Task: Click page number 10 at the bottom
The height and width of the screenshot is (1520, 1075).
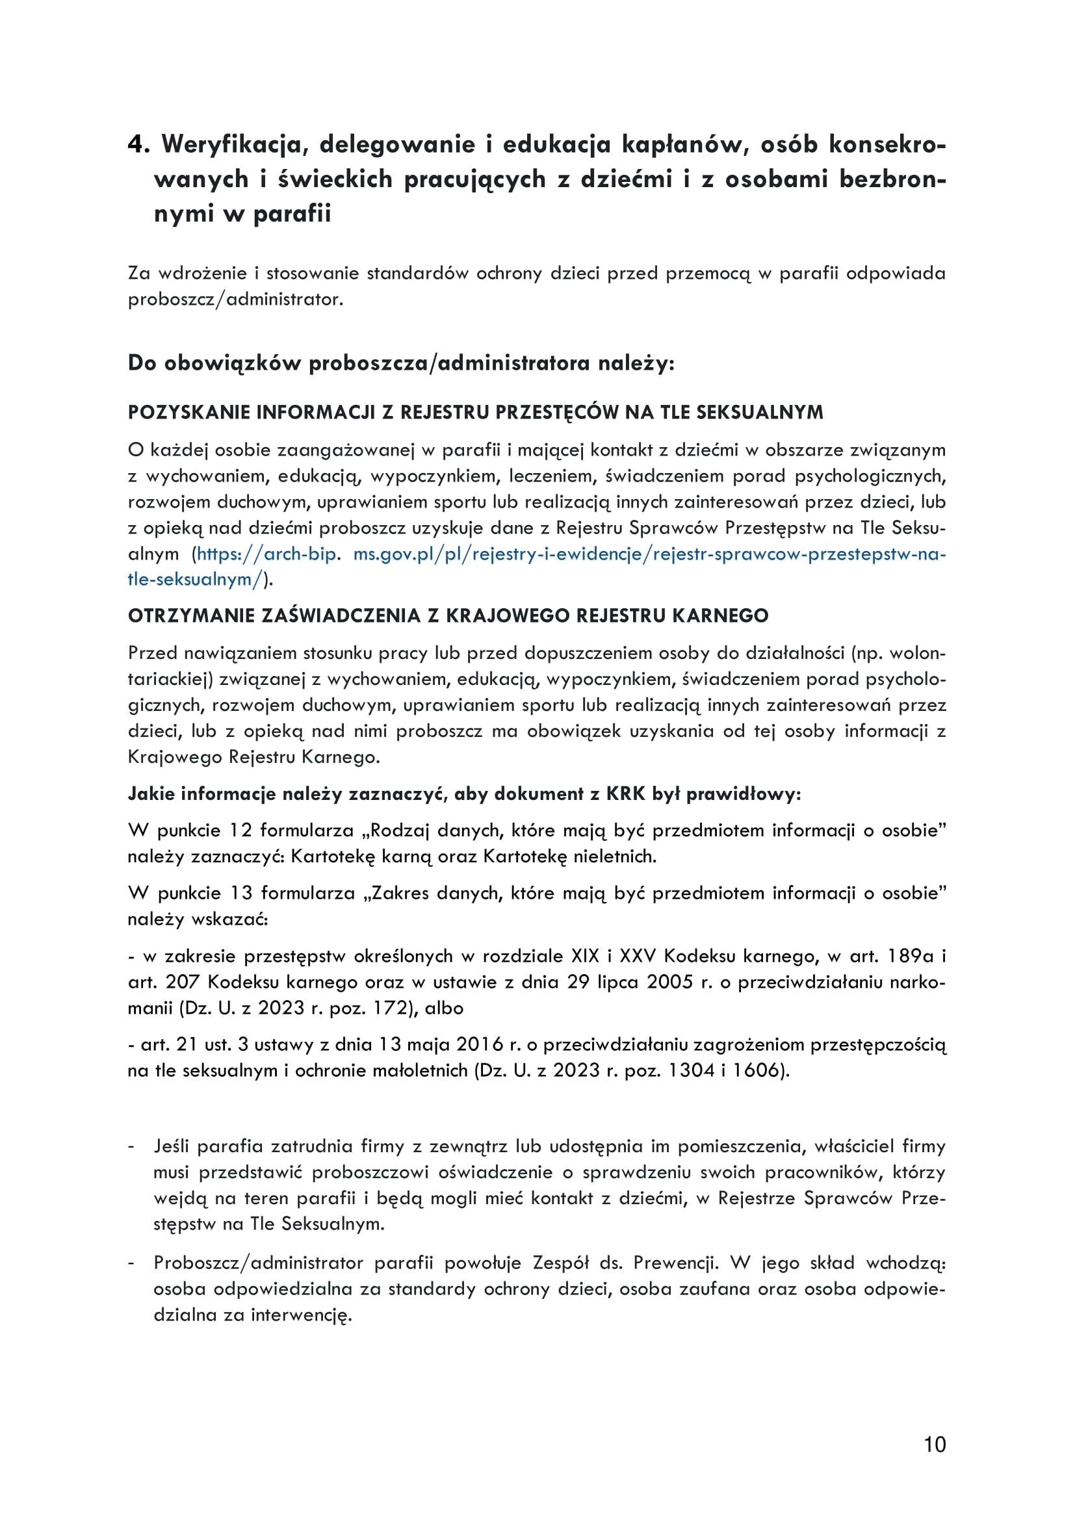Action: (x=934, y=1444)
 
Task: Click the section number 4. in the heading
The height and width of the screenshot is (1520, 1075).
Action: (x=139, y=144)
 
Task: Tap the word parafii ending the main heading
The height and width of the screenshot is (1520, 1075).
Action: (x=292, y=214)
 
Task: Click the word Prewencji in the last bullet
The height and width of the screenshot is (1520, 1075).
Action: (x=675, y=1263)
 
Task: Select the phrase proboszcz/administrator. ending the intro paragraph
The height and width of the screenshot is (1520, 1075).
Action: (x=236, y=299)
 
